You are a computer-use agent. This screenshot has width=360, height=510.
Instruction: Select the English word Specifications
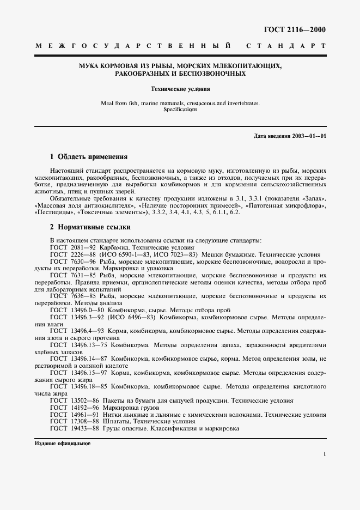coord(180,110)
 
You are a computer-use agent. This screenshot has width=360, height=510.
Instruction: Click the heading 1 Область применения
coord(88,156)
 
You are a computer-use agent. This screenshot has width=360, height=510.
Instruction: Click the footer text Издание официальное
coord(62,444)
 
